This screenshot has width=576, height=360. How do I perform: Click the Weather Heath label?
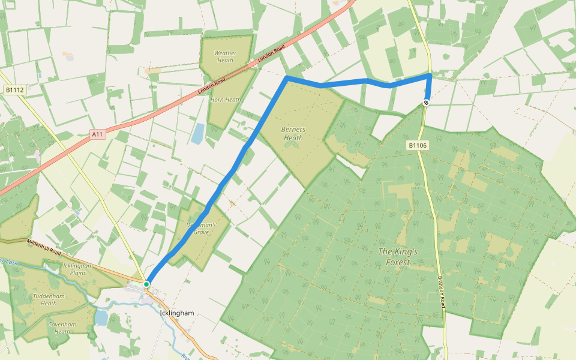pyautogui.click(x=225, y=56)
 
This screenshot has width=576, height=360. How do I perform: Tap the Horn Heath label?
pyautogui.click(x=226, y=100)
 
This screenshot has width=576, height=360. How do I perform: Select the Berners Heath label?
pyautogui.click(x=293, y=133)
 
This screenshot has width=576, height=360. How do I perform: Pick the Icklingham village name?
pyautogui.click(x=177, y=313)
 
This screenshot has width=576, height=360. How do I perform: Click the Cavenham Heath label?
pyautogui.click(x=62, y=327)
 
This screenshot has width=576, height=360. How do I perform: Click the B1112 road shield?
pyautogui.click(x=14, y=90)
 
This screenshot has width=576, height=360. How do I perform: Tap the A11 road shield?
pyautogui.click(x=98, y=134)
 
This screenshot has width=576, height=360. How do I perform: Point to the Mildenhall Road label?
pyautogui.click(x=44, y=245)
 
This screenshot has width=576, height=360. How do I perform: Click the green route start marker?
pyautogui.click(x=146, y=284)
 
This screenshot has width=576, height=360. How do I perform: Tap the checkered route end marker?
pyautogui.click(x=426, y=103)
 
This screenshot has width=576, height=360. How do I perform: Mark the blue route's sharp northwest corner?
pyautogui.click(x=287, y=79)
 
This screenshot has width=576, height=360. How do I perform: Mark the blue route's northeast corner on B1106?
pyautogui.click(x=430, y=75)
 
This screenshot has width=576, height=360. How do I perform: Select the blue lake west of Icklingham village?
pyautogui.click(x=101, y=317)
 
